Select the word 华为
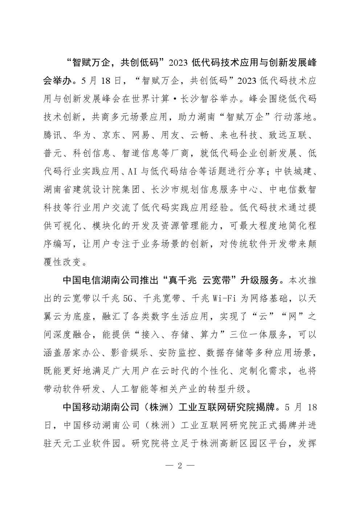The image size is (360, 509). point(85,135)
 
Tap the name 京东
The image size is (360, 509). point(116,135)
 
